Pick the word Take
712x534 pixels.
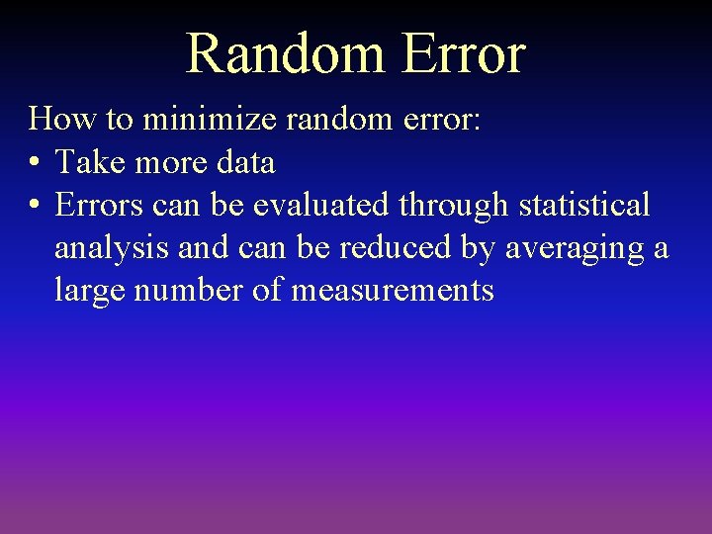(x=85, y=162)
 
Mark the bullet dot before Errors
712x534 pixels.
(x=35, y=206)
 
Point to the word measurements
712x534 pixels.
(x=393, y=292)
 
